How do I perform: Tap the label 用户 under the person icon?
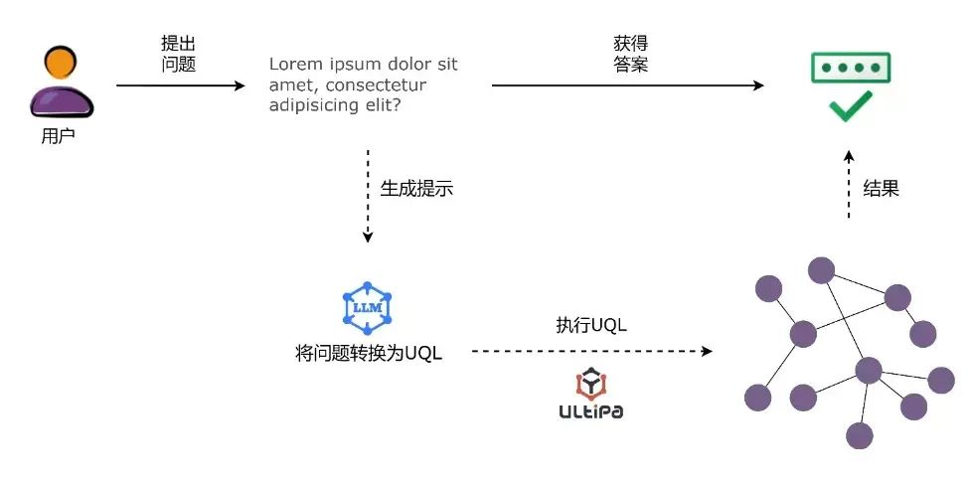[58, 136]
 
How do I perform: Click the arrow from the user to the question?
[179, 86]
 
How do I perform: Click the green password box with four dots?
[850, 68]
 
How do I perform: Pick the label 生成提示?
[416, 189]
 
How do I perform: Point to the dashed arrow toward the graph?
[591, 351]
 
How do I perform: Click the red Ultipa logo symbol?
[591, 384]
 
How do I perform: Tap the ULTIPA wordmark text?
[591, 410]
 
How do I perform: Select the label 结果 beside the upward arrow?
[881, 189]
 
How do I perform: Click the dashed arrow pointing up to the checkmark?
[849, 184]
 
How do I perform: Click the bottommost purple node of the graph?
[859, 435]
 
